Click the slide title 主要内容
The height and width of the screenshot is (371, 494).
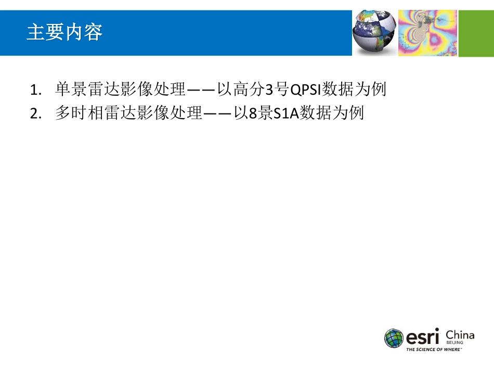pos(64,33)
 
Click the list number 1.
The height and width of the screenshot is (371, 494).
pos(35,91)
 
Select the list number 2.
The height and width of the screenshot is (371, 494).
pos(35,114)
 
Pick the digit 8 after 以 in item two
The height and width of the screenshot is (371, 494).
pos(253,113)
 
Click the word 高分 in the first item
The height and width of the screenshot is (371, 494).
pos(249,90)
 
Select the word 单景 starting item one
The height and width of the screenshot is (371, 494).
pos(68,90)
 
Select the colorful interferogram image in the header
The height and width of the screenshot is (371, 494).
pos(427,33)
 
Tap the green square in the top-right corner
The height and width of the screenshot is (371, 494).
pos(476,33)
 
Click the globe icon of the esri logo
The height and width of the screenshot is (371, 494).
pos(394,338)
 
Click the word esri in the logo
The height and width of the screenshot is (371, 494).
pos(423,337)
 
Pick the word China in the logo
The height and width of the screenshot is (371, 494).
pos(460,335)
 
